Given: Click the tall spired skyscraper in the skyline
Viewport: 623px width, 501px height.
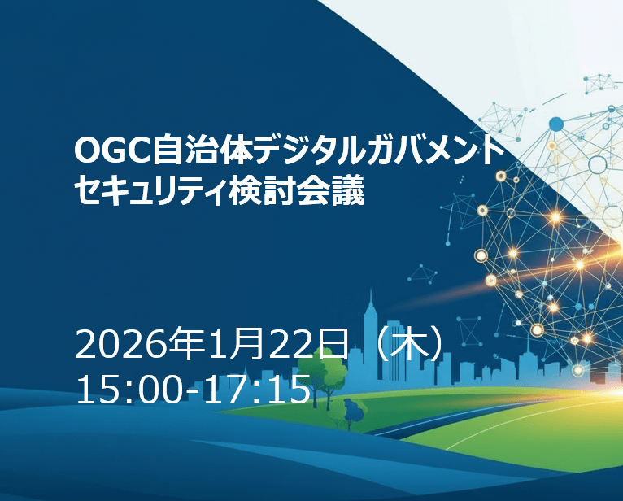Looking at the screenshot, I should click(371, 325).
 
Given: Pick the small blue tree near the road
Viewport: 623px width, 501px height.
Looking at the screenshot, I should click(355, 412).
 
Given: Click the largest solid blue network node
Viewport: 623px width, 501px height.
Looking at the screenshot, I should click(556, 124).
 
